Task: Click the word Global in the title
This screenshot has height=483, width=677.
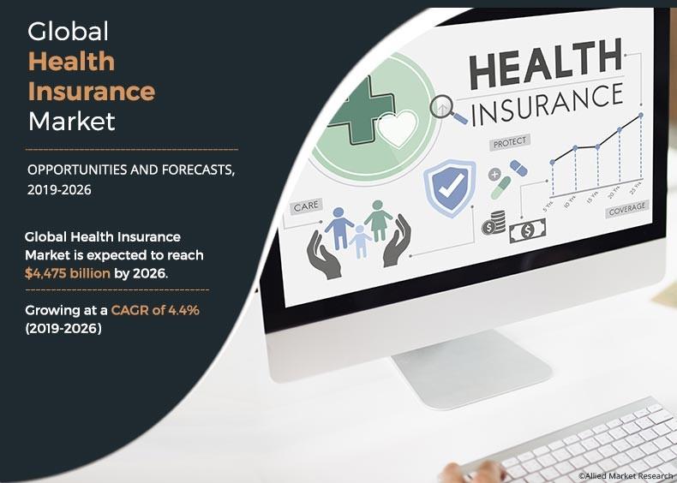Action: [x=69, y=32]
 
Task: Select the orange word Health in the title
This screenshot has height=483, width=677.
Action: [x=72, y=62]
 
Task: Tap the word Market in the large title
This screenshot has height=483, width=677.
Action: [x=72, y=122]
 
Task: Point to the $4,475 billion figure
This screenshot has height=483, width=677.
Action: [x=68, y=273]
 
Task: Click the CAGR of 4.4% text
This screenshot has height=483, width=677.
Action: [x=155, y=310]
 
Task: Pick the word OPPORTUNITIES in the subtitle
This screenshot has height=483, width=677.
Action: [x=77, y=170]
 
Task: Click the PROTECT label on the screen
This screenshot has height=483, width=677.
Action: [x=510, y=142]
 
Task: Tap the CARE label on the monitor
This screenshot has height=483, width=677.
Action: [x=306, y=206]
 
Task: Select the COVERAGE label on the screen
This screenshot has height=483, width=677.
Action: [x=627, y=209]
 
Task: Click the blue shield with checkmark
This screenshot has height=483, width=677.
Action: [x=450, y=188]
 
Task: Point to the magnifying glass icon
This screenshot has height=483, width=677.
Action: [x=446, y=109]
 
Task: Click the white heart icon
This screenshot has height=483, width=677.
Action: [x=398, y=128]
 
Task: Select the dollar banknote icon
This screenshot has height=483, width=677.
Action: [x=527, y=231]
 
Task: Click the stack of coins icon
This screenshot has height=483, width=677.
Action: [x=494, y=223]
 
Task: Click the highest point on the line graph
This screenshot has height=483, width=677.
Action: [x=641, y=116]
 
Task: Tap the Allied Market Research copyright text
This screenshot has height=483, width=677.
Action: [x=627, y=475]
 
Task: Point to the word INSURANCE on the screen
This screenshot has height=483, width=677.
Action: [x=548, y=104]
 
